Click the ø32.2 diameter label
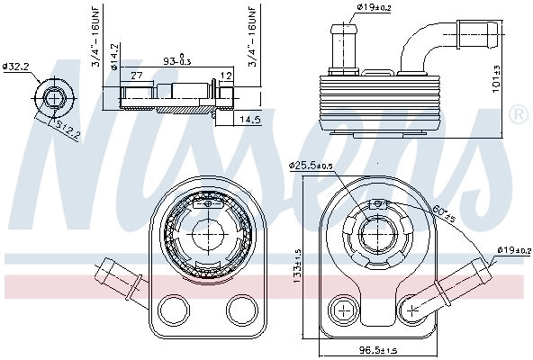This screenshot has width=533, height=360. point(17,67)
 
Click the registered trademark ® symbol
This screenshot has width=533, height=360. point(518,114)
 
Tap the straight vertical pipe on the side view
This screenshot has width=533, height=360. point(347,43)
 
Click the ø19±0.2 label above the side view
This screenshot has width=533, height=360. point(372,9)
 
